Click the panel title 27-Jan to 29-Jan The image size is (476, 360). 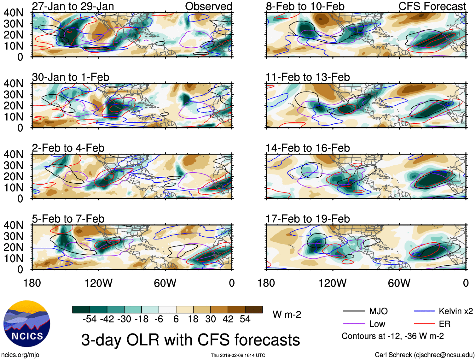point(73,6)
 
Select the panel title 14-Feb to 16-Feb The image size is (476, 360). point(308,148)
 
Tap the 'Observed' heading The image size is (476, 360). point(208,6)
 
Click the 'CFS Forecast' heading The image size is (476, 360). point(432,6)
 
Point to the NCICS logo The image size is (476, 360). point(27,324)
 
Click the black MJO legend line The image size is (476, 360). point(354,311)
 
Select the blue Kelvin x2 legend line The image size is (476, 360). point(424,311)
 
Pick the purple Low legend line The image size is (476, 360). point(354,324)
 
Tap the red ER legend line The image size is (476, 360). point(424,324)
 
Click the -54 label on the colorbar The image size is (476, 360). point(90,319)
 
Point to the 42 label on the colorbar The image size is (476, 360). point(228,319)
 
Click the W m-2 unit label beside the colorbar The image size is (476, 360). point(287,315)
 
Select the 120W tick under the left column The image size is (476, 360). point(98,283)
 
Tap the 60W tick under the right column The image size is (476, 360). point(399,283)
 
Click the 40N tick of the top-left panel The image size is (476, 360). point(13,13)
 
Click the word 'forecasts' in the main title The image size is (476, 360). point(267,340)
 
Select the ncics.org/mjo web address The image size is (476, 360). point(20,355)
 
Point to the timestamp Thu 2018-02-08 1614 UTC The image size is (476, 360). point(238,355)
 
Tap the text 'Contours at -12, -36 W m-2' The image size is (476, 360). point(392,336)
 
